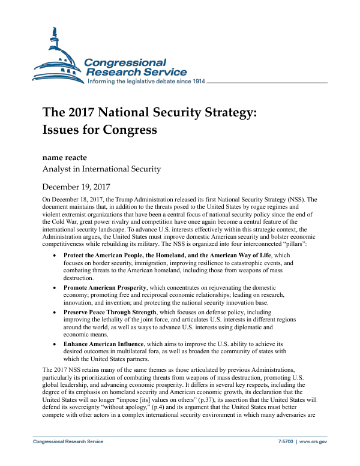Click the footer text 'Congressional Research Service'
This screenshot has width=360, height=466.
[x=68, y=441]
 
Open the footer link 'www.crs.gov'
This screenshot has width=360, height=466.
[x=314, y=441]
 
